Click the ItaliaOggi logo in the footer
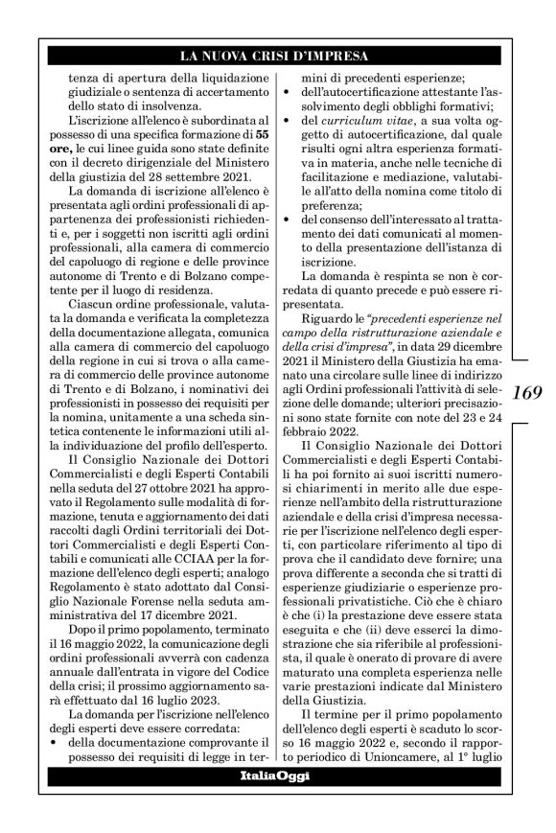click(x=275, y=775)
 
